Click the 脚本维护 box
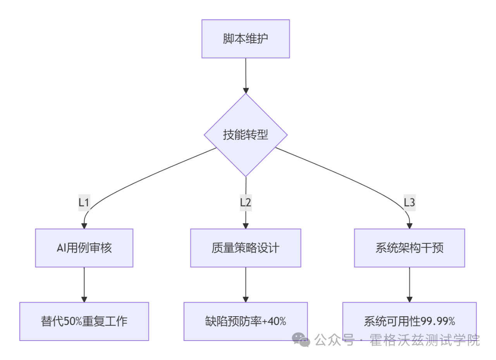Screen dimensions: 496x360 coord(246,39)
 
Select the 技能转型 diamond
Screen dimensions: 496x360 coord(246,135)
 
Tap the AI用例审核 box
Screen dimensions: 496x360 coord(84,248)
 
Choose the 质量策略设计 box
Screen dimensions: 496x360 coord(246,248)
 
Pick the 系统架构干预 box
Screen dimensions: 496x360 coord(410,248)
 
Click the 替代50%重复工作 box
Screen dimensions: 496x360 coord(84,322)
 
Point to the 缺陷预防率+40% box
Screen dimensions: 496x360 coord(246,322)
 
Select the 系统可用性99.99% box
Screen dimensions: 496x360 coord(410,322)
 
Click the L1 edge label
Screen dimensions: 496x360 coord(84,203)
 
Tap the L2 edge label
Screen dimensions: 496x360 coord(246,203)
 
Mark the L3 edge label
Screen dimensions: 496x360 coord(410,203)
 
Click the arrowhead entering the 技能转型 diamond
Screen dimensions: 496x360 coord(246,91)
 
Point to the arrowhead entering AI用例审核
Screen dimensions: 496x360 coord(84,226)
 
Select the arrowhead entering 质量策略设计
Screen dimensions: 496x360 coord(246,226)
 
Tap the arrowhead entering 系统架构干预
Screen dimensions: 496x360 coord(410,226)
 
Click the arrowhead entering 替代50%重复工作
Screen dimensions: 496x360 coord(84,299)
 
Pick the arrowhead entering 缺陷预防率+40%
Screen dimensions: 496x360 coord(246,299)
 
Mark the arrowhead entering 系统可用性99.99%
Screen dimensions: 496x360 coord(410,299)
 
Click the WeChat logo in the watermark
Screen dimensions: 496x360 coord(301,339)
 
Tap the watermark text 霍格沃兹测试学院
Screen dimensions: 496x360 coord(425,340)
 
